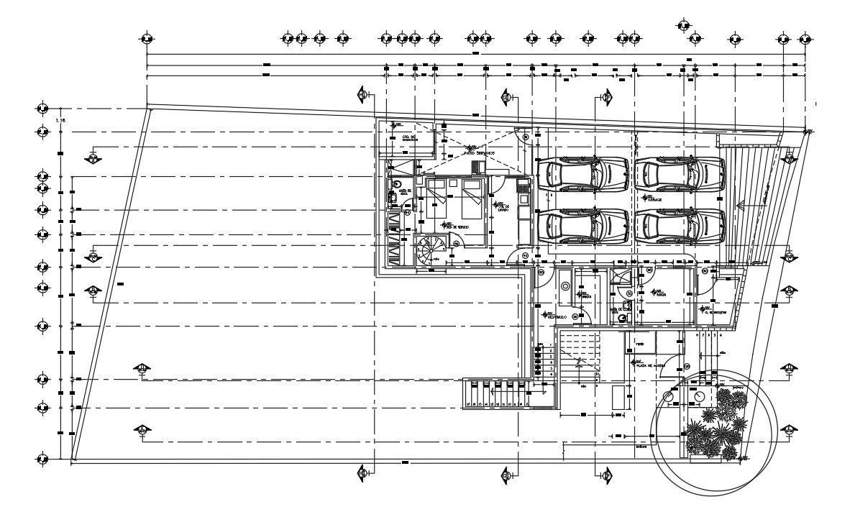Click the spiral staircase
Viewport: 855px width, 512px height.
[x=431, y=250]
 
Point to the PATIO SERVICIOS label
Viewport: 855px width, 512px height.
[x=480, y=152]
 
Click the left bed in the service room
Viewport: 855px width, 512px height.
[x=438, y=201]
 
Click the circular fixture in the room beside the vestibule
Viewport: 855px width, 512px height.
[x=565, y=286]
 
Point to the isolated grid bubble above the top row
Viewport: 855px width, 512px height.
[x=683, y=26]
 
